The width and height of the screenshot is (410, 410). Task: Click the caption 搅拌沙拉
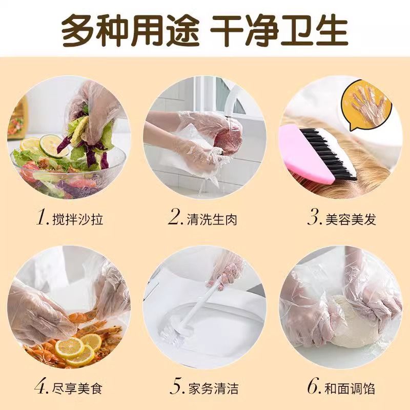[x=78, y=219]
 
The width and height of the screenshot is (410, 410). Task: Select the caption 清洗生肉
[x=212, y=219]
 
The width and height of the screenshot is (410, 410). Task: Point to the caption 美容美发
[x=351, y=219]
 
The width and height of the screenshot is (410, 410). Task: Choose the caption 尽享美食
[x=77, y=388]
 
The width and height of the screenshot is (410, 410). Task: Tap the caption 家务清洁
[x=213, y=388]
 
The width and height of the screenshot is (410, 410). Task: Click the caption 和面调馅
[x=350, y=388]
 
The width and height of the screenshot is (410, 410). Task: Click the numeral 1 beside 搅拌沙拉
[x=41, y=217]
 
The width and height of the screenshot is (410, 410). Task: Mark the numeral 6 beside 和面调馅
[x=313, y=386]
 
